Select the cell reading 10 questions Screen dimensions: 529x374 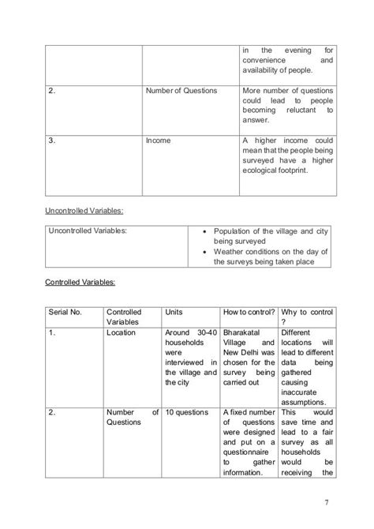tap(186, 412)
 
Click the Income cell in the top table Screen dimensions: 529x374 tap(158, 141)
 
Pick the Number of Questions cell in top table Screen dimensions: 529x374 tap(181, 91)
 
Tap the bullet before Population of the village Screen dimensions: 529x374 tap(205, 231)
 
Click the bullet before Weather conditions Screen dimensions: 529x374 tap(205, 252)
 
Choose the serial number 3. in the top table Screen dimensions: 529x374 tap(51, 141)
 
